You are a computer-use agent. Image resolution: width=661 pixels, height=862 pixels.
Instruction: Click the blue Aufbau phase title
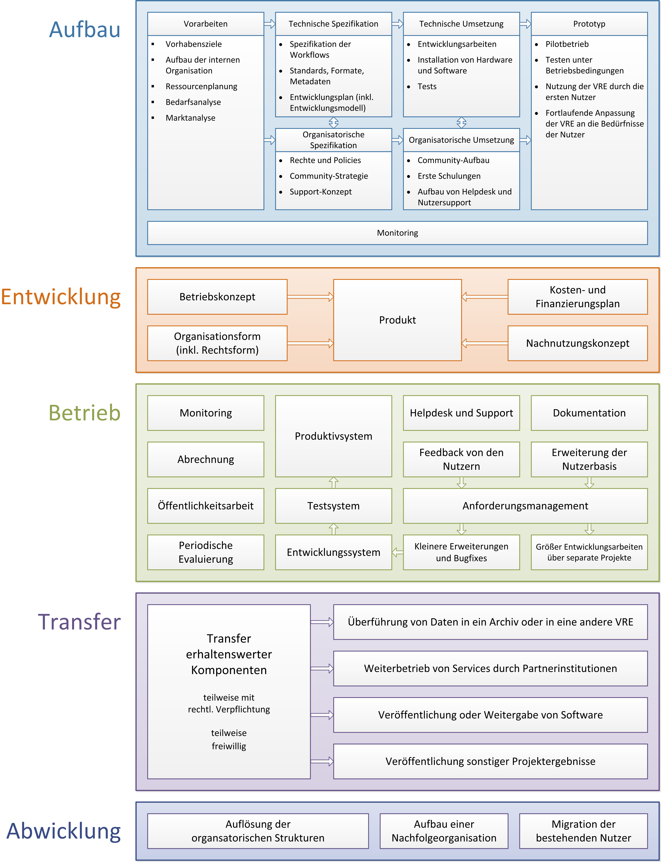tap(85, 30)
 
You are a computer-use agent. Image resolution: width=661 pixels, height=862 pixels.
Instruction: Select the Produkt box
tap(397, 320)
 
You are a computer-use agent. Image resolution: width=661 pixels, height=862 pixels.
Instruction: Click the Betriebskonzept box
tap(217, 297)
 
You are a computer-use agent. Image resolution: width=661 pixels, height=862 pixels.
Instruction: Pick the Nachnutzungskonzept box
tap(578, 343)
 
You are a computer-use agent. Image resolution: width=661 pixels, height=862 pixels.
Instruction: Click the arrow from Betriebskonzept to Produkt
tap(310, 297)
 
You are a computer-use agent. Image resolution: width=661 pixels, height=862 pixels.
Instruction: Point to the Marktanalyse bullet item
tap(190, 118)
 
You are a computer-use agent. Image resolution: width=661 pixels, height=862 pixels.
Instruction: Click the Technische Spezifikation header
tap(334, 24)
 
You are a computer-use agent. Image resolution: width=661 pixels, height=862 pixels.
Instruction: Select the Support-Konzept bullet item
tap(321, 192)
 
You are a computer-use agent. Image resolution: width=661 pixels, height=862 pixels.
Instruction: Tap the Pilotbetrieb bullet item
tap(567, 44)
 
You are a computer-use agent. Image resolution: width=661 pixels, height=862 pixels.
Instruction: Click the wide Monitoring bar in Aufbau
tap(397, 233)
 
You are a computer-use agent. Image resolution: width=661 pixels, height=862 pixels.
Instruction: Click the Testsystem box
tap(334, 506)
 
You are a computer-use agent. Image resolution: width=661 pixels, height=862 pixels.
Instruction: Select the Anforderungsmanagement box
tap(525, 506)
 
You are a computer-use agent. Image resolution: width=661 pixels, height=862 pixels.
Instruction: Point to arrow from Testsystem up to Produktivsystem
tap(334, 483)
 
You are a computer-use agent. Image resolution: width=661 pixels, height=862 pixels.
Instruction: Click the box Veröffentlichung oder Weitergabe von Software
tap(491, 715)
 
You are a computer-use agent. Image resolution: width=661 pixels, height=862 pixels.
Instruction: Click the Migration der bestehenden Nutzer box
tap(584, 831)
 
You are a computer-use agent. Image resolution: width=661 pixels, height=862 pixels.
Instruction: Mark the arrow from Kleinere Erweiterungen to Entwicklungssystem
tap(397, 552)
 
